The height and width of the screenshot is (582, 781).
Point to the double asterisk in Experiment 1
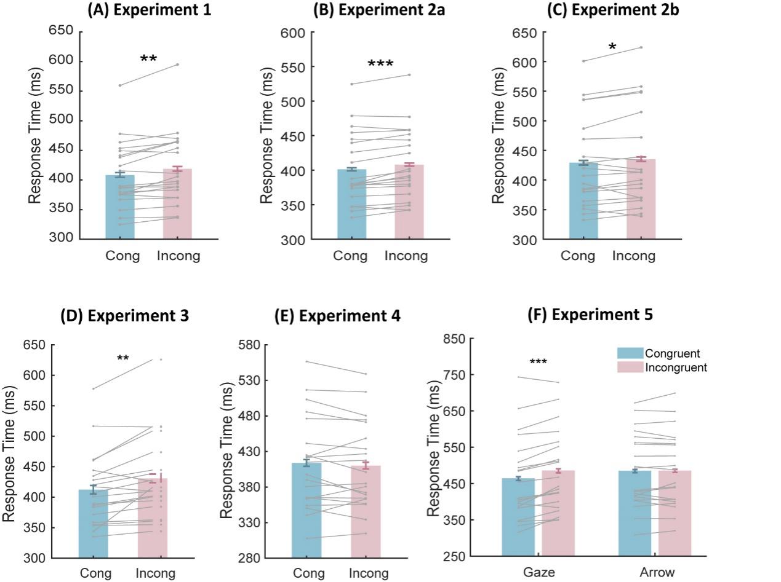point(148,60)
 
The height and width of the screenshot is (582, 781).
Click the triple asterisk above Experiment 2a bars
point(380,64)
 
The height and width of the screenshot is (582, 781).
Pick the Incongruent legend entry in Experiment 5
point(662,368)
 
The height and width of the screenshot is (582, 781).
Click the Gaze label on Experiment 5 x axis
point(539,572)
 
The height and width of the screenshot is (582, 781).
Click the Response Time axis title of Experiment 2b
point(499,135)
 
